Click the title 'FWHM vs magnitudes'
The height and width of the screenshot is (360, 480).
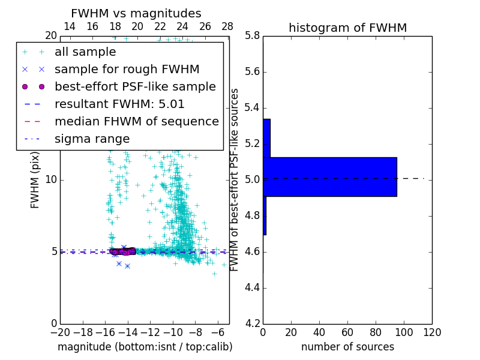[136, 13]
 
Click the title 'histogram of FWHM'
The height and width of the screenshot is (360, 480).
[347, 28]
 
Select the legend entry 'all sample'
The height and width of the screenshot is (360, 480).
[85, 52]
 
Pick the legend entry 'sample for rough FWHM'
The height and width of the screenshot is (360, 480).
[127, 70]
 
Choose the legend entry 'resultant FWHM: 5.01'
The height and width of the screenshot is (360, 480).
[119, 104]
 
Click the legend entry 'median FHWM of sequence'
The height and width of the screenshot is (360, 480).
[136, 121]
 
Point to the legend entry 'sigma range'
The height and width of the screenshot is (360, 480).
[92, 139]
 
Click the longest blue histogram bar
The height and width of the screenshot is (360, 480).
[330, 176]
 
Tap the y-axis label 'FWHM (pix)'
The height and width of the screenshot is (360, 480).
[35, 180]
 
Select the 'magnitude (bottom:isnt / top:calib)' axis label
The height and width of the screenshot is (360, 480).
[145, 347]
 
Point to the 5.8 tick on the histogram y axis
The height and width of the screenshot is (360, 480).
[251, 36]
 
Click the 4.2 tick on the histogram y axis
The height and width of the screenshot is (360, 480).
[251, 323]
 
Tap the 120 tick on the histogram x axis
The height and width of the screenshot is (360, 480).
[432, 332]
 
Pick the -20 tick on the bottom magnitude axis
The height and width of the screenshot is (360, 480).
[60, 332]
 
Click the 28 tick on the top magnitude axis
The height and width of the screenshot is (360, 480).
[227, 26]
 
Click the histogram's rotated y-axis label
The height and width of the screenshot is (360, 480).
[235, 180]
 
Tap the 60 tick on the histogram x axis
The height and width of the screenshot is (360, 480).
[347, 332]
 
